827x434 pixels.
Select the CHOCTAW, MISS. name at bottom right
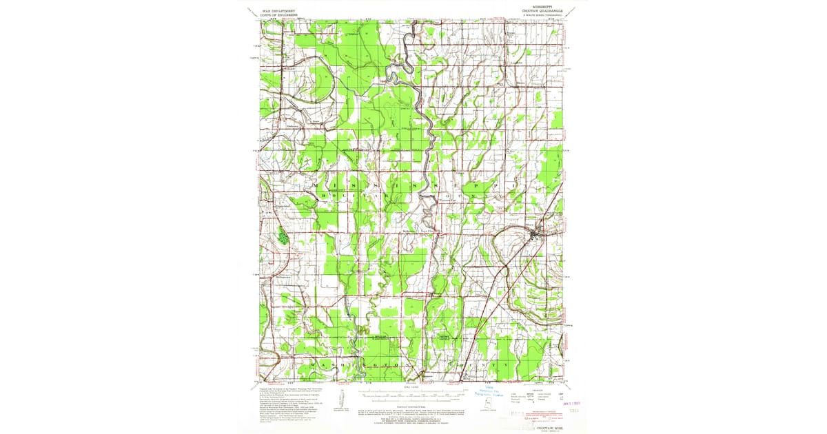(549, 422)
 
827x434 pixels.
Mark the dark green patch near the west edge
(283, 236)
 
